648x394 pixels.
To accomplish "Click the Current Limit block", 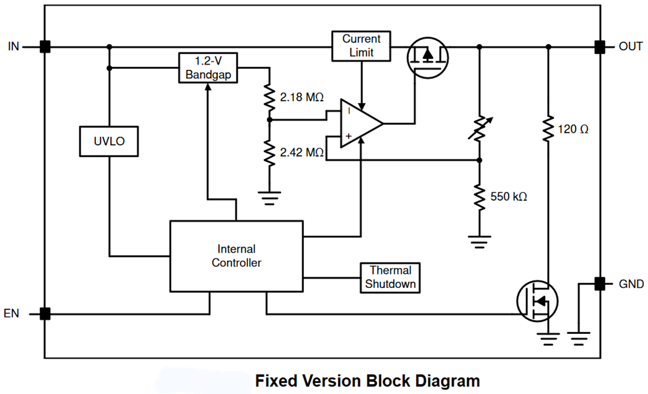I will (x=361, y=45).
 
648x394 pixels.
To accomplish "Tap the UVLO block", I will (x=109, y=141).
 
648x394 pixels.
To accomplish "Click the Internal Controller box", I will (x=236, y=256).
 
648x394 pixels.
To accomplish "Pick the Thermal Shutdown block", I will (x=391, y=277).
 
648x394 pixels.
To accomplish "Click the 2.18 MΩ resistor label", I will (x=302, y=97).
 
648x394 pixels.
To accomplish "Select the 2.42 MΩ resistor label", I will (x=302, y=153).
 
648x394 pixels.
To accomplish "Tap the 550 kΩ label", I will (x=508, y=196).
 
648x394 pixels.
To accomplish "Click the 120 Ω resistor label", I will (x=573, y=129).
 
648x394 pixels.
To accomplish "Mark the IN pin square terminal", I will (x=45, y=47).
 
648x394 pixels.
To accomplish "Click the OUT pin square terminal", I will (x=600, y=47).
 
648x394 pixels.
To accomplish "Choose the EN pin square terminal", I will (x=45, y=314).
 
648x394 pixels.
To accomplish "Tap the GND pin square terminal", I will (x=600, y=283).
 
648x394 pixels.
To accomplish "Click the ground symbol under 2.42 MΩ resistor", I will (x=270, y=197).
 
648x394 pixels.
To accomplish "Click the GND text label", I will (x=631, y=284).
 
